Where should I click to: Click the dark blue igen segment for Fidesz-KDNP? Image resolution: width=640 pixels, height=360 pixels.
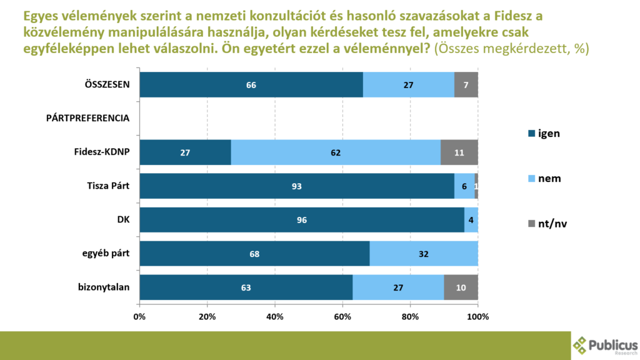pos(185,152)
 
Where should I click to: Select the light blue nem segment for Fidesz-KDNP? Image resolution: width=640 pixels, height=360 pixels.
pos(336,152)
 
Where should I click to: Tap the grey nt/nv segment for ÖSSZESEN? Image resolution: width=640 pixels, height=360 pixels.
pos(466,84)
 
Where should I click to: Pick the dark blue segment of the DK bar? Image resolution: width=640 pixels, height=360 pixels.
pos(302,220)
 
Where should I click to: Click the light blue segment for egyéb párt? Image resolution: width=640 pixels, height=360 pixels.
pos(424,254)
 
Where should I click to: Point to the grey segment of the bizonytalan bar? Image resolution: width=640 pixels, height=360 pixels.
pos(461,287)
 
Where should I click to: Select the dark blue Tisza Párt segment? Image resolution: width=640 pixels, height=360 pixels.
pos(297,186)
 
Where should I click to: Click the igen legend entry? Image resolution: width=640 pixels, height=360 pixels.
pos(544,132)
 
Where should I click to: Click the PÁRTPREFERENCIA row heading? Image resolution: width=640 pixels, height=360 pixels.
pos(87,118)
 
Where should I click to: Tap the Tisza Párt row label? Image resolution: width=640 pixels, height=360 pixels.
pos(107,186)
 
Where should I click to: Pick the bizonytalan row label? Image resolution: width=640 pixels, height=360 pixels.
pos(104,287)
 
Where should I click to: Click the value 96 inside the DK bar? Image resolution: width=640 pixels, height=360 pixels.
pos(302,220)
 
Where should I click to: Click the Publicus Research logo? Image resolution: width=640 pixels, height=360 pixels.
pos(605,345)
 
